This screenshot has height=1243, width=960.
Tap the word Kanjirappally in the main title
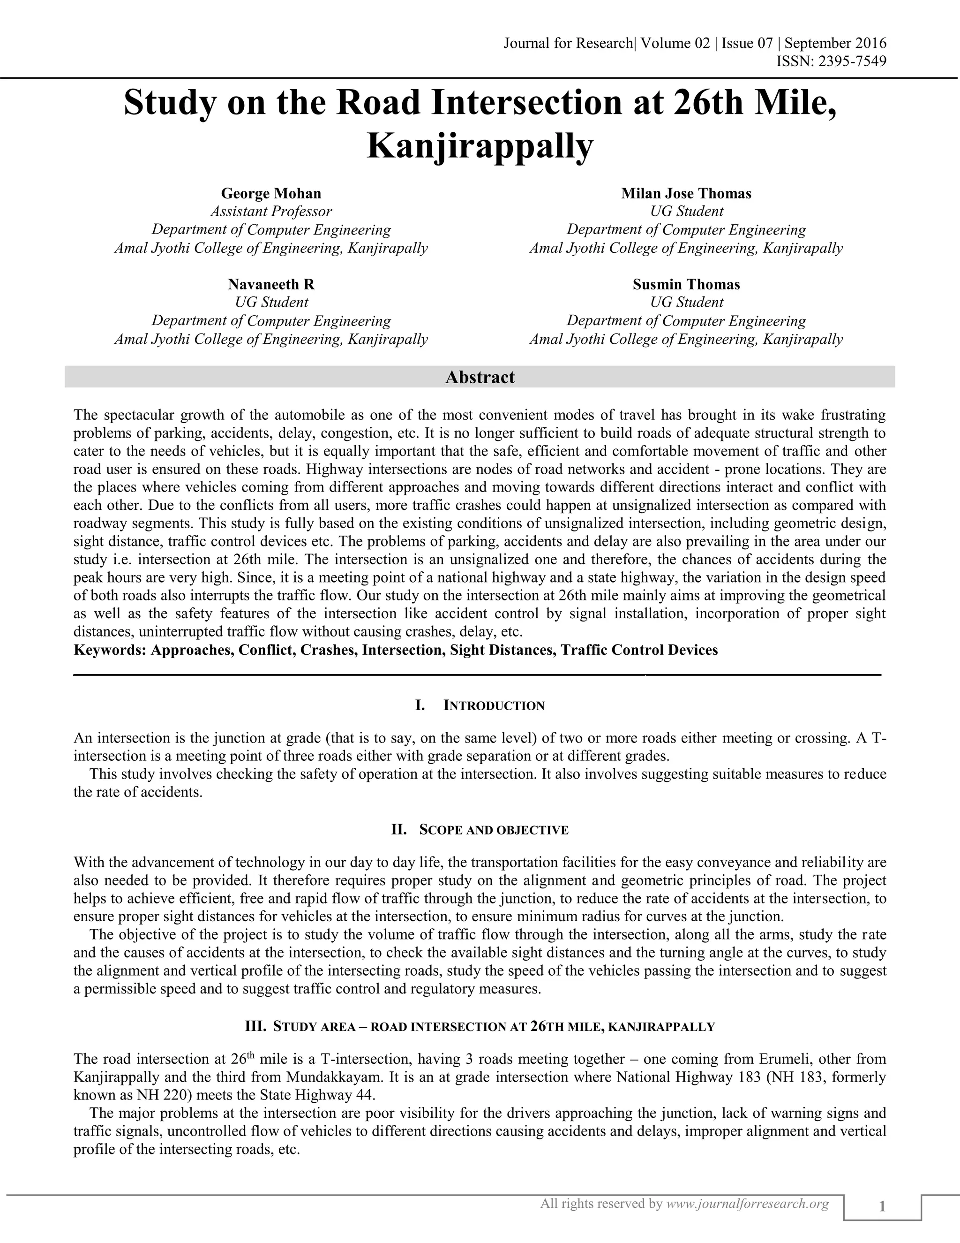click(x=480, y=146)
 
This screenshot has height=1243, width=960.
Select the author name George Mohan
click(x=271, y=194)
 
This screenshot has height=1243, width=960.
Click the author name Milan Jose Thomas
click(x=686, y=194)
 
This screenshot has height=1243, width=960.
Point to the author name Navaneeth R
click(x=271, y=285)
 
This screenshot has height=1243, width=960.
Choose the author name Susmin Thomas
click(x=686, y=285)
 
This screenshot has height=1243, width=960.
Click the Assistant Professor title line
click(x=271, y=212)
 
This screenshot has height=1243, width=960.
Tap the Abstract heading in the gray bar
click(x=480, y=377)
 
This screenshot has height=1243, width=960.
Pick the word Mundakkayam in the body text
click(x=330, y=1077)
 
